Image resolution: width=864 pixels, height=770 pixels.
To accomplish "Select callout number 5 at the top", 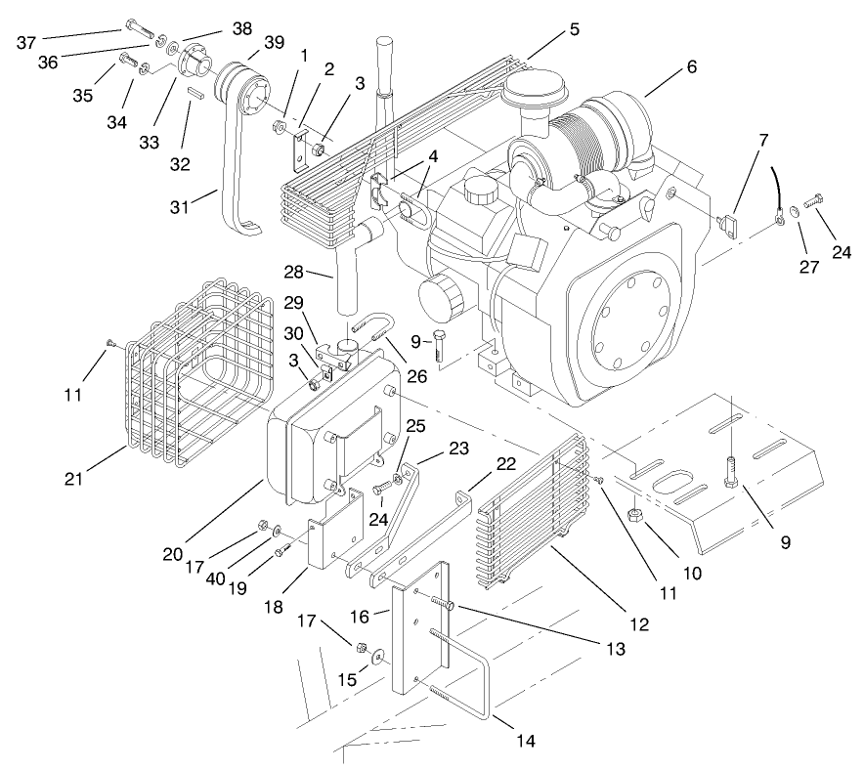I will click(574, 28).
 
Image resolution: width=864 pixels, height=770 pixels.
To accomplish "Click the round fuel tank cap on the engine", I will click(480, 190).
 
